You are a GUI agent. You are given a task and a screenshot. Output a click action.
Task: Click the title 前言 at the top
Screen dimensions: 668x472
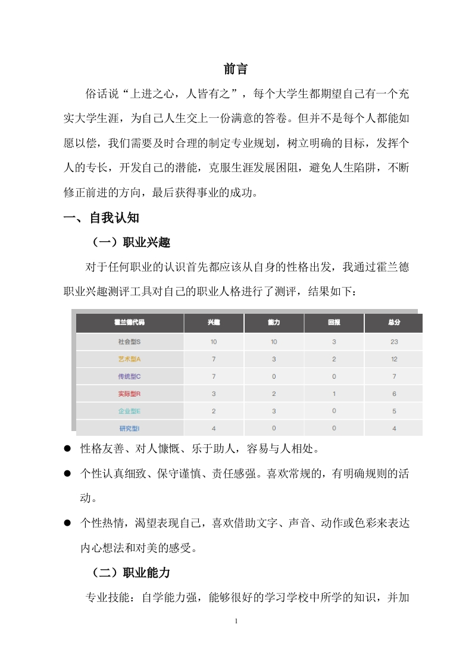236,69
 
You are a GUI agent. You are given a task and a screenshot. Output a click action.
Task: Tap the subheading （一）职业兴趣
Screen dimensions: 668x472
131,242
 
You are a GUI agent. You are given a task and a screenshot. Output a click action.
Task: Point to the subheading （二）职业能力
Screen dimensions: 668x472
131,572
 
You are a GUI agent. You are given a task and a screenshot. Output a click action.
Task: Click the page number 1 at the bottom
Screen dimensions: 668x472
236,622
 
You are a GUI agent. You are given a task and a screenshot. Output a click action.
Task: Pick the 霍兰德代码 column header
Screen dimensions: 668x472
129,323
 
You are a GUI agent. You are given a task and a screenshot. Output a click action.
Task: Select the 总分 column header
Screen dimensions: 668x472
393,323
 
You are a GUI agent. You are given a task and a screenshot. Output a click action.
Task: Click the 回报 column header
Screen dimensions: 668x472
334,323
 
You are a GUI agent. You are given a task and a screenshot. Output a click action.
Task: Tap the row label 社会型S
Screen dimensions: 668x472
129,342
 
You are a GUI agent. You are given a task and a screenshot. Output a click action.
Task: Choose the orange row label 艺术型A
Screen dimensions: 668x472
129,359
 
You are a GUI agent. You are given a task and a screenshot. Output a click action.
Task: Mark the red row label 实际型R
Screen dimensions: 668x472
129,394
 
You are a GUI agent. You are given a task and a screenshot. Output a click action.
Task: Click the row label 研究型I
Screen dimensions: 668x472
129,428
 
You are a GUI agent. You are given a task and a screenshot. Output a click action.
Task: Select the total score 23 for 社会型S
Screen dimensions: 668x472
393,342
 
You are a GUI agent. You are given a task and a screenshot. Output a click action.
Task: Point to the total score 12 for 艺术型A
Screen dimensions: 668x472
393,359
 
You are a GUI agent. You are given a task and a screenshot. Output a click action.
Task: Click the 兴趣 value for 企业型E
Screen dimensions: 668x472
214,411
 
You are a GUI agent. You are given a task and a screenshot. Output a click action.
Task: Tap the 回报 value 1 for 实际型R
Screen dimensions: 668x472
334,394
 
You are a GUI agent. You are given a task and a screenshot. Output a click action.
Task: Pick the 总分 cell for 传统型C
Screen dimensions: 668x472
393,376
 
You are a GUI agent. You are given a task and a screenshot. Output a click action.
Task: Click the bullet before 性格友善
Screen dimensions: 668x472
68,447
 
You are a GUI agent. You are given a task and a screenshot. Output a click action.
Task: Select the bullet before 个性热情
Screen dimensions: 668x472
68,522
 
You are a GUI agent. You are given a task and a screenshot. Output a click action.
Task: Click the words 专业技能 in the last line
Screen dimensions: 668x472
107,598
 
